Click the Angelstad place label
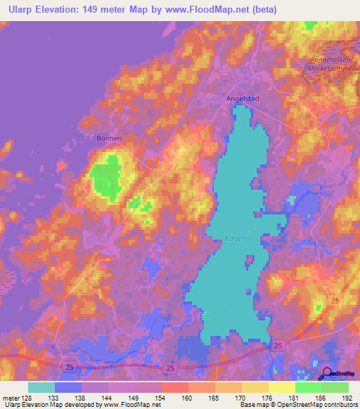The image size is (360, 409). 243,99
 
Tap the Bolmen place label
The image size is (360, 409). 109,138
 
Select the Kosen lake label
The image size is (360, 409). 236,238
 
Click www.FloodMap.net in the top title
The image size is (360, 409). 211,10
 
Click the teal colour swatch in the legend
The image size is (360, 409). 41,387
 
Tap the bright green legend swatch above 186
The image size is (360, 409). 308,387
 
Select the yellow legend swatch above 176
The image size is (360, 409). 255,387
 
